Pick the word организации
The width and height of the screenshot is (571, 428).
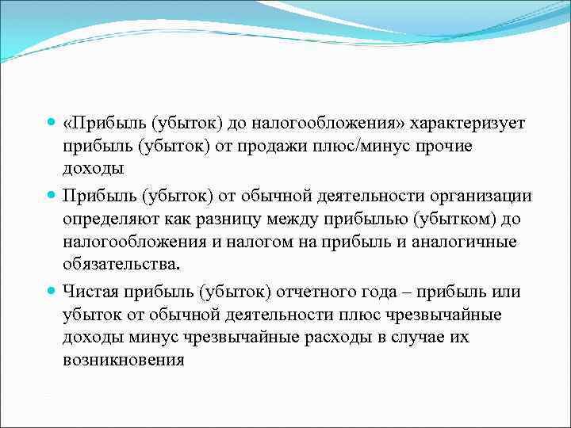pyautogui.click(x=482, y=195)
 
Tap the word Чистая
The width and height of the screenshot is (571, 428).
pyautogui.click(x=93, y=292)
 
